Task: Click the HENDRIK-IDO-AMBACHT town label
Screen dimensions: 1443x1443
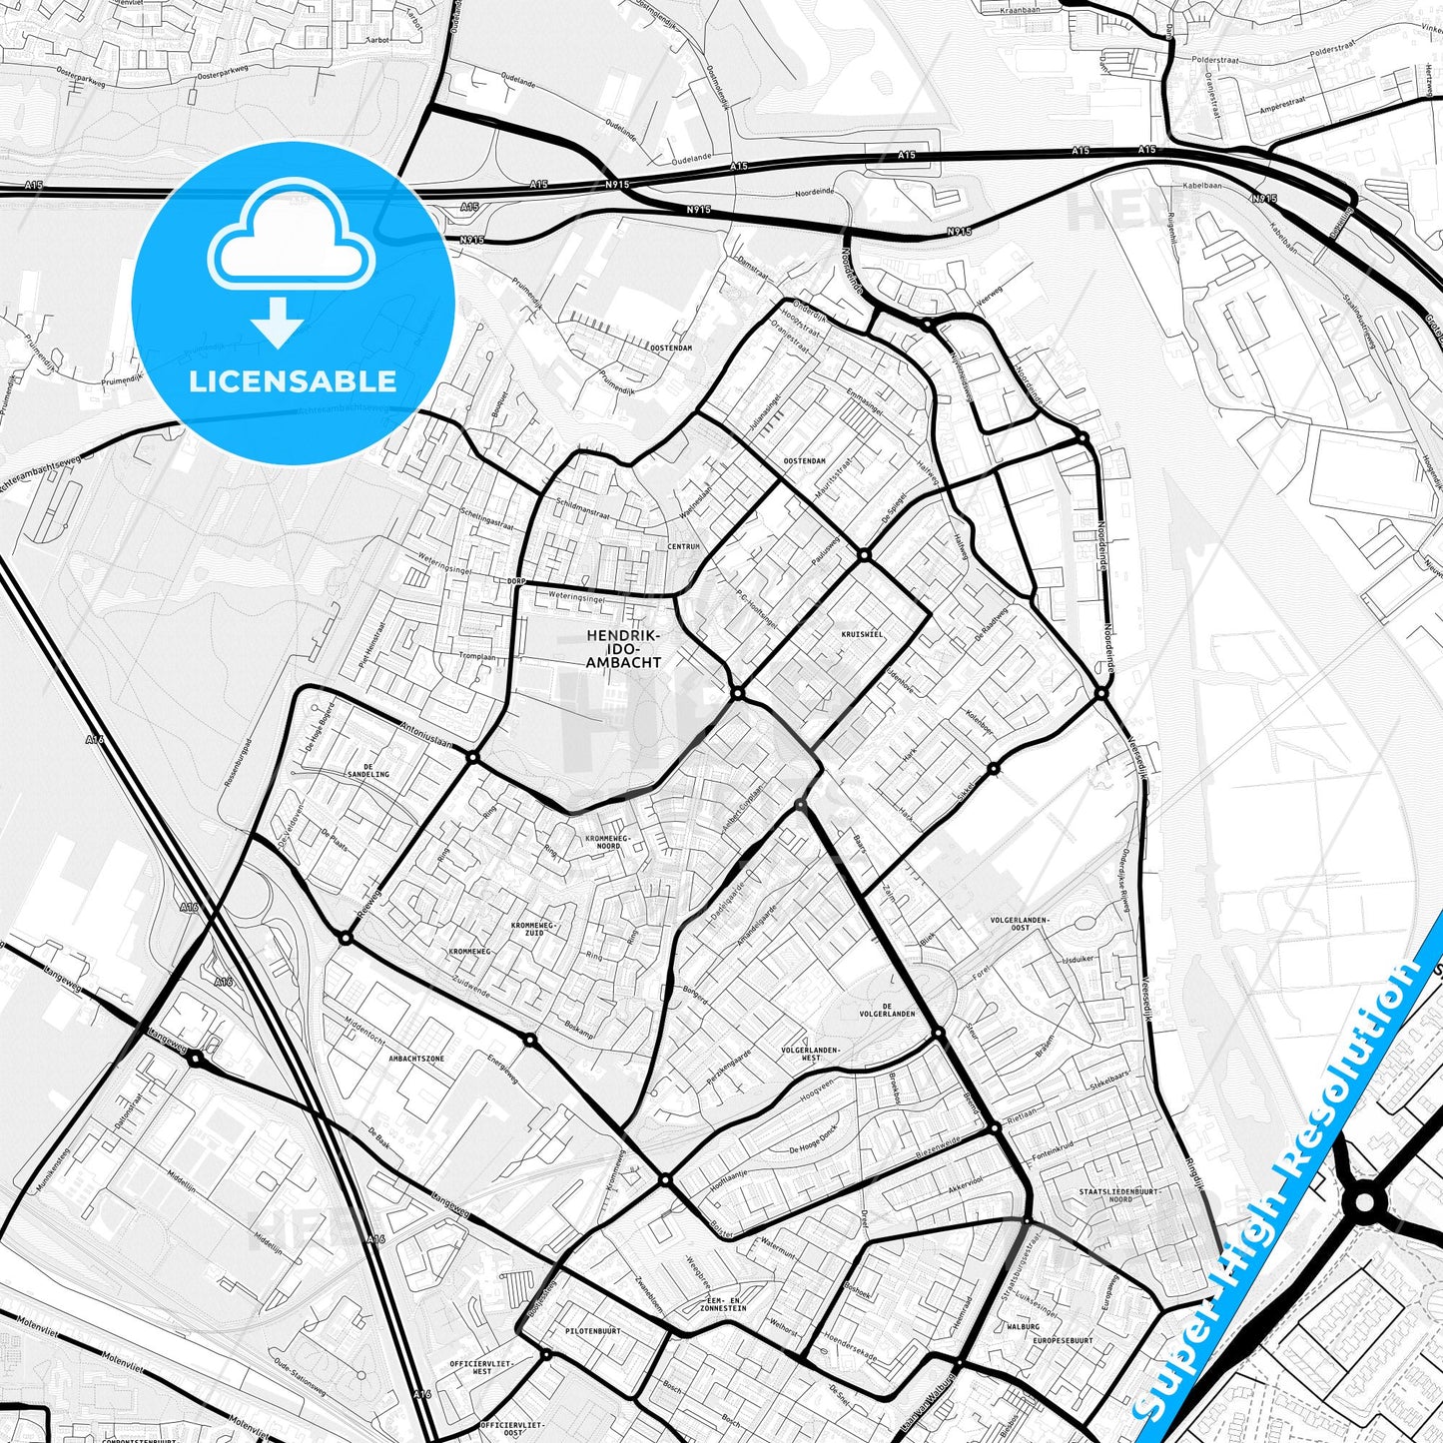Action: click(x=624, y=648)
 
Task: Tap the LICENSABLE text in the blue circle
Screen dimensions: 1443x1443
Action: click(x=293, y=381)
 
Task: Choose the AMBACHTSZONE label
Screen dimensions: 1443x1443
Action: click(x=416, y=1058)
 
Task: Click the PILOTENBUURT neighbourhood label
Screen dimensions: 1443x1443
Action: click(x=592, y=1331)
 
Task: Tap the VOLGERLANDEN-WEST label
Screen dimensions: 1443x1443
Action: click(x=810, y=1054)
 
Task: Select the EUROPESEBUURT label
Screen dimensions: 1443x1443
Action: click(x=1063, y=1341)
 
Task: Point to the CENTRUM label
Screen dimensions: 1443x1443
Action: click(x=684, y=546)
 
